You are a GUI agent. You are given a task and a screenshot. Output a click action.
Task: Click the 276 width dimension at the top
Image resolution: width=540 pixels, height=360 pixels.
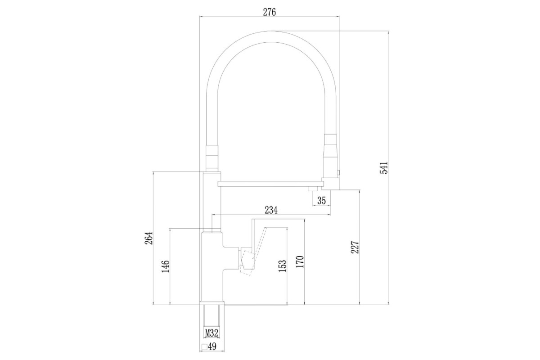[x=269, y=12]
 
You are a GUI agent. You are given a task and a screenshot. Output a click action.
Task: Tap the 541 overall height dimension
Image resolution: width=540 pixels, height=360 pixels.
[x=383, y=167]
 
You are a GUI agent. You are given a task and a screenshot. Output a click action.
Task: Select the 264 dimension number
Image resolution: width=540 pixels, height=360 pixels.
[x=148, y=238]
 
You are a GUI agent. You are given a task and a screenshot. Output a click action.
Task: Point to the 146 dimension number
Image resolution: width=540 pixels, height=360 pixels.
[x=166, y=266]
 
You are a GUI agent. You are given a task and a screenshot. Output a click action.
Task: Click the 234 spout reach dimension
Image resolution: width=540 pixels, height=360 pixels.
[x=271, y=210]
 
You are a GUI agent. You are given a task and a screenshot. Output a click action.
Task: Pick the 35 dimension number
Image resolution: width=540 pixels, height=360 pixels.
[x=322, y=200]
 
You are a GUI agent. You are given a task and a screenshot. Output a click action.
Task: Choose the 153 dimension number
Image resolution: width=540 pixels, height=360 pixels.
[x=282, y=266]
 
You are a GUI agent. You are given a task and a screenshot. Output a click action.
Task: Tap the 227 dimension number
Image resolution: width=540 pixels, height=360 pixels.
[x=355, y=247]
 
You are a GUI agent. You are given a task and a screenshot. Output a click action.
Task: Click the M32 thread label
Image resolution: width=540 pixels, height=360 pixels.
[x=211, y=333]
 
